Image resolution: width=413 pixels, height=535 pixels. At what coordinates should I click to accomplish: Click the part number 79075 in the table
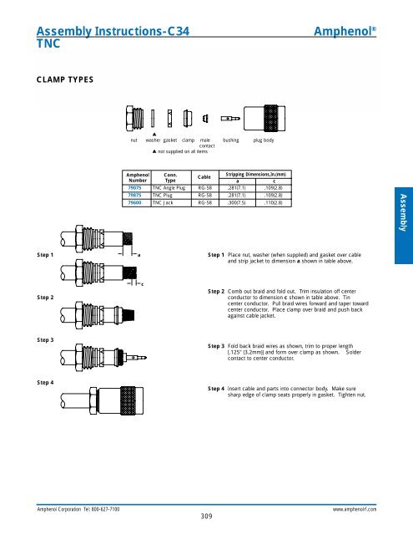(x=133, y=189)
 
